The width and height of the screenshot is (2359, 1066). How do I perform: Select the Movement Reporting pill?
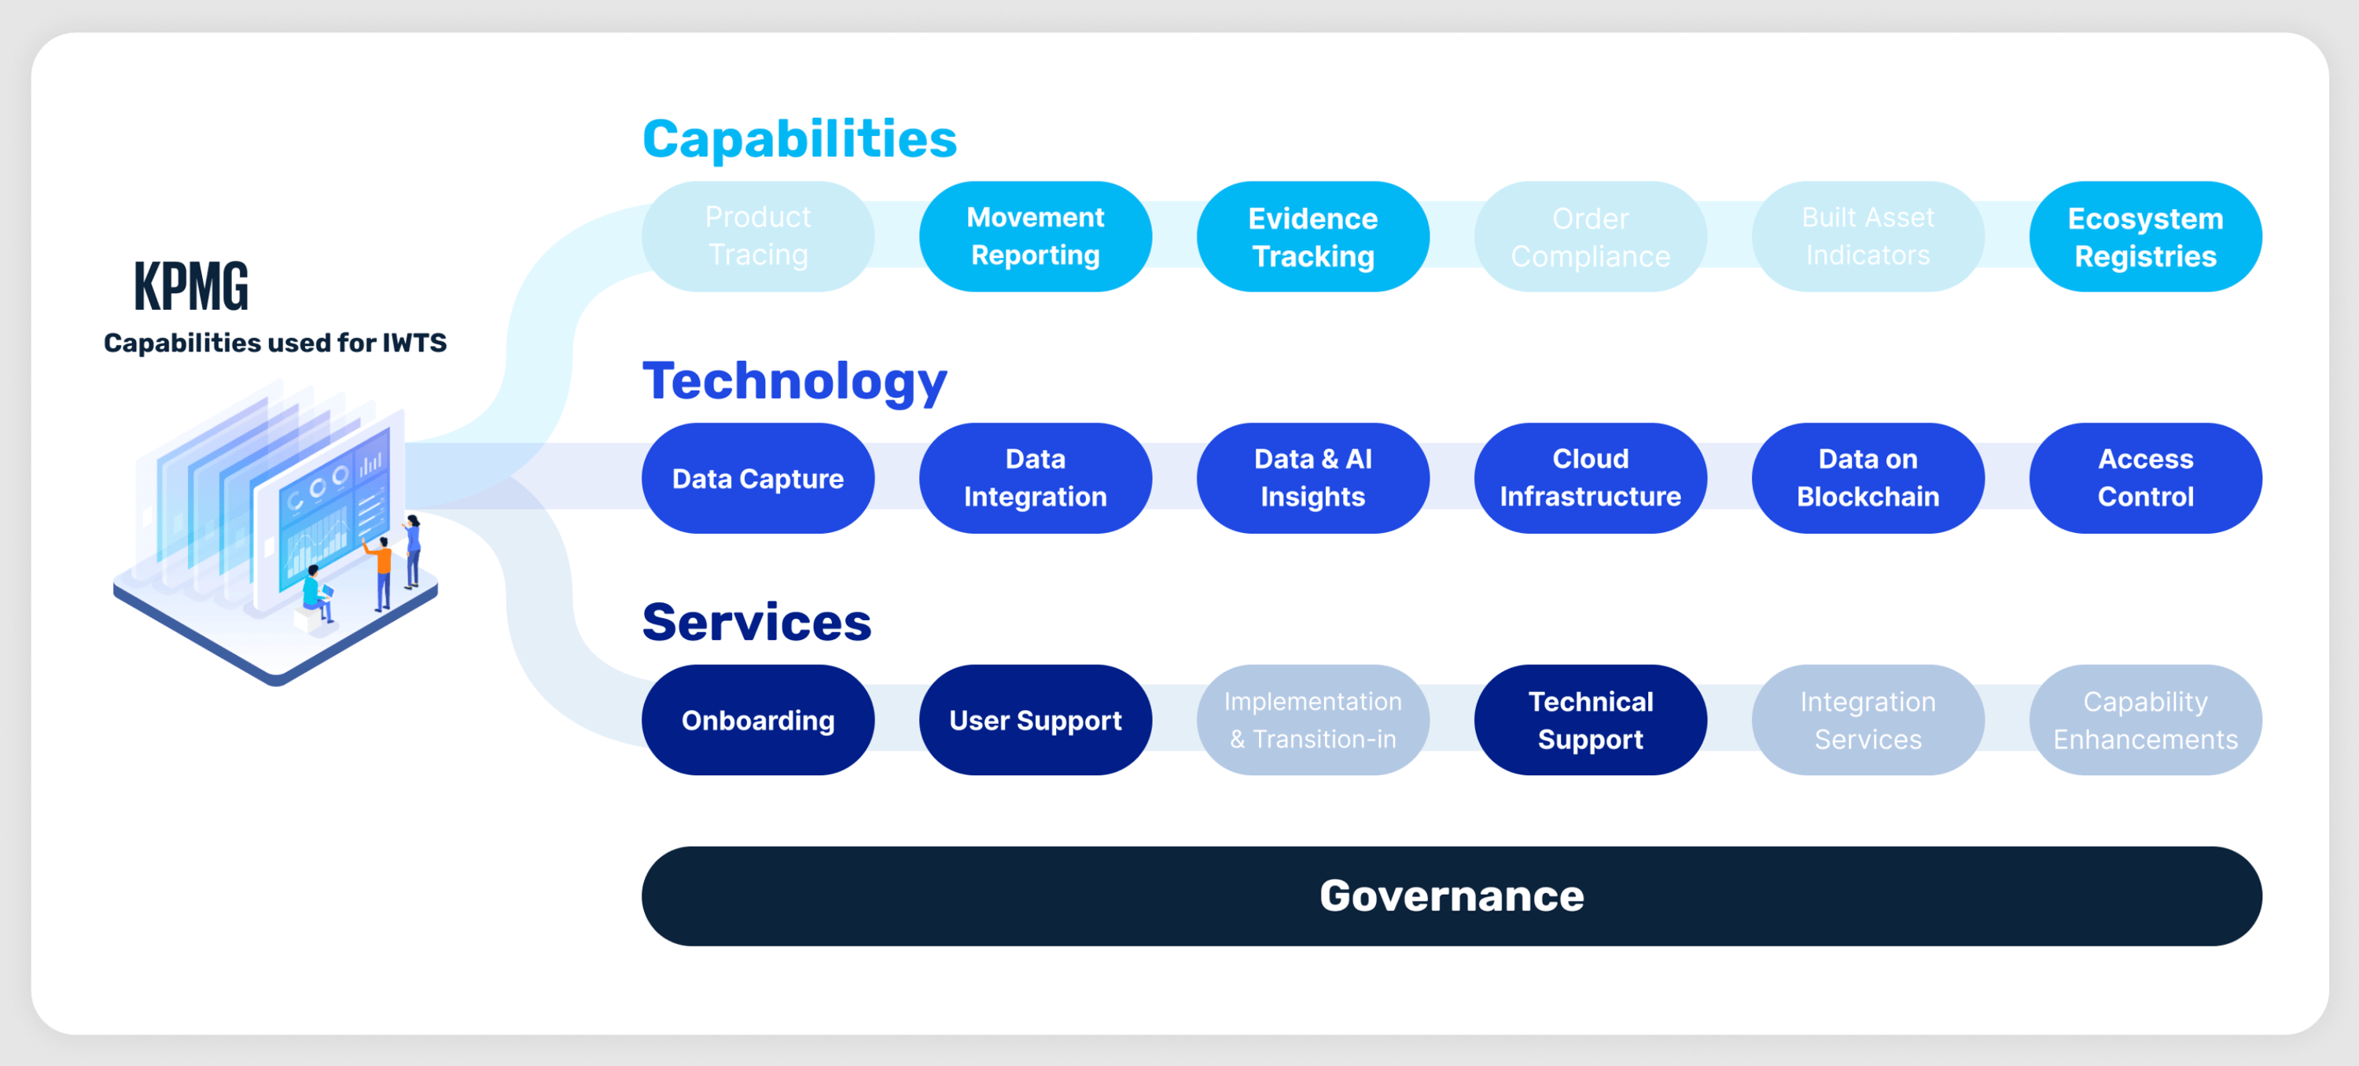click(1035, 237)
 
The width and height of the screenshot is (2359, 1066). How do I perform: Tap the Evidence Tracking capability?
click(1312, 237)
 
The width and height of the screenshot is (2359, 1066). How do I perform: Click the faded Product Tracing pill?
click(757, 237)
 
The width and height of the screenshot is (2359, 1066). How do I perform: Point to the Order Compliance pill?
click(1590, 237)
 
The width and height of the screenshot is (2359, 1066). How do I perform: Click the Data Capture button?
click(757, 478)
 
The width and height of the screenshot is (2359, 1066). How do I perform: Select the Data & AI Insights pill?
click(1312, 478)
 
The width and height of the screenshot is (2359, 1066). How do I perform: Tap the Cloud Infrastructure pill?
click(1590, 478)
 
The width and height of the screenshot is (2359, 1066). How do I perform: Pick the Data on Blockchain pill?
click(1868, 478)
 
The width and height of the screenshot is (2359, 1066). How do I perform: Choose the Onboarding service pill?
click(757, 720)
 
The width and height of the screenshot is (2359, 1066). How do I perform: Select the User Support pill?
click(1035, 720)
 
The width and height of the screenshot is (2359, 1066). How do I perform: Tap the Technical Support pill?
click(1590, 720)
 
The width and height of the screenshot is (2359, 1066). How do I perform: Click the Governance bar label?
click(1452, 895)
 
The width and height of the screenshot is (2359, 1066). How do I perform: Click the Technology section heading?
click(794, 381)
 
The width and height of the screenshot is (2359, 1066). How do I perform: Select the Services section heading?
click(756, 623)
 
